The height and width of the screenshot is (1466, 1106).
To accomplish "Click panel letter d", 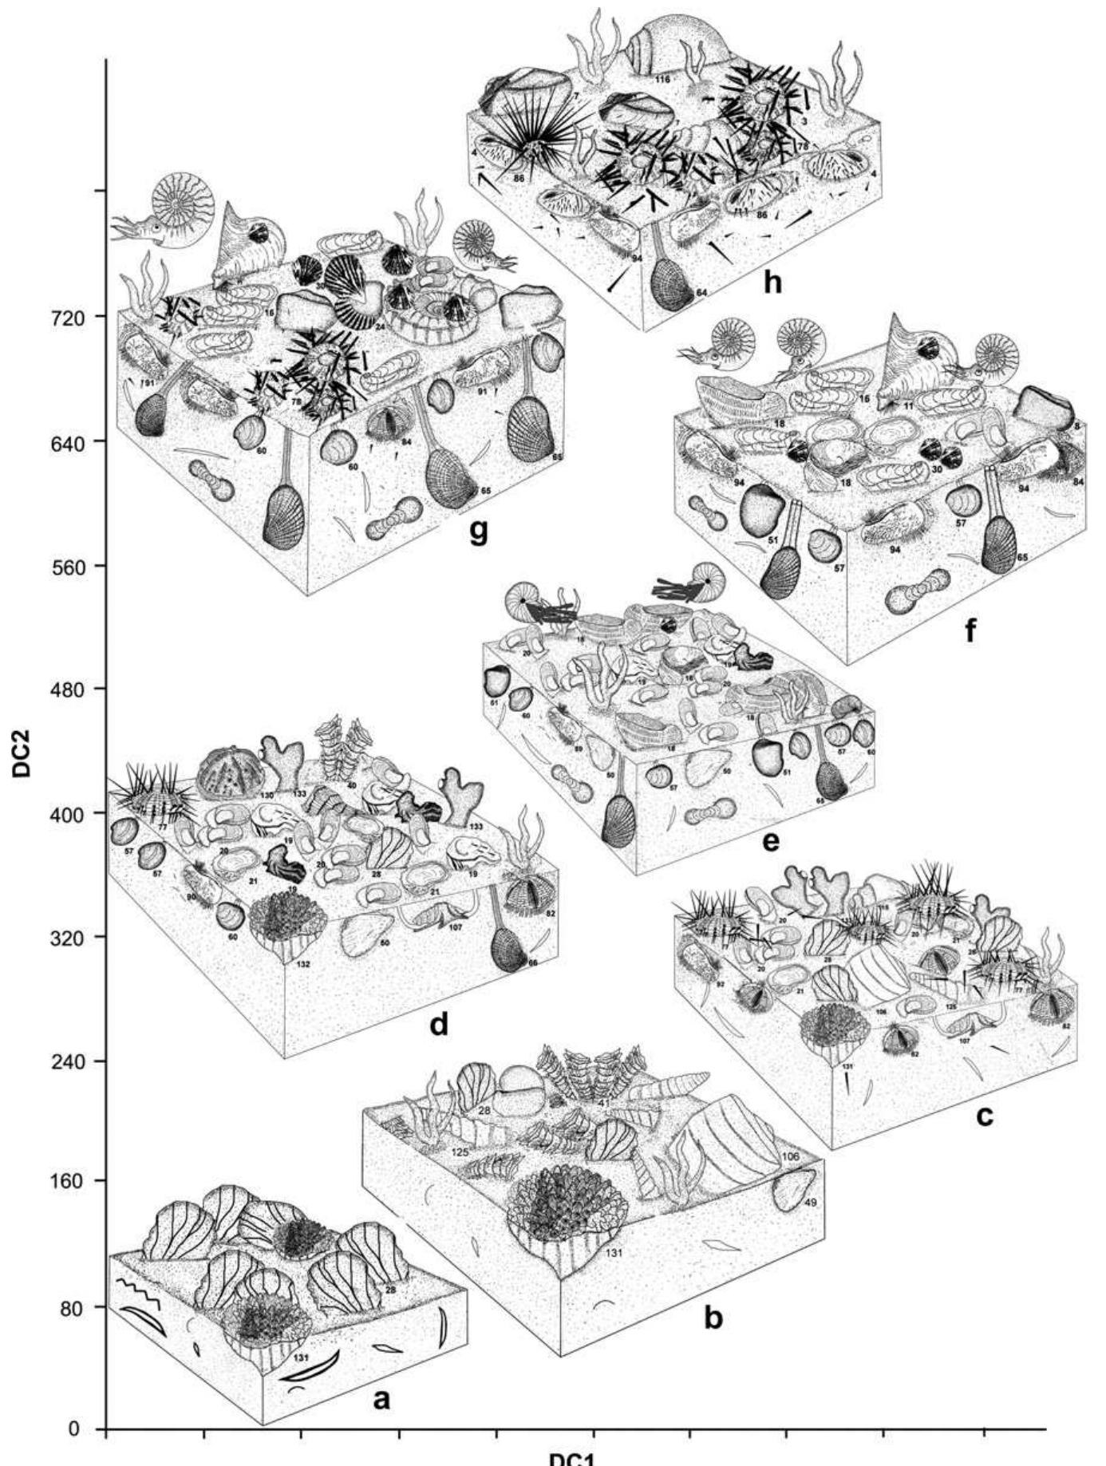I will (439, 1023).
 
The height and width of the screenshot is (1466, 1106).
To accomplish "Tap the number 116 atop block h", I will (662, 79).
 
